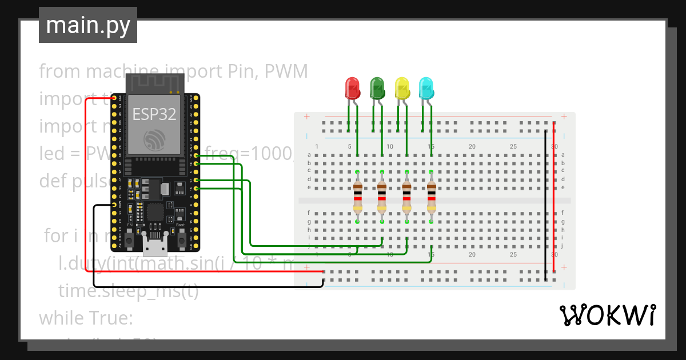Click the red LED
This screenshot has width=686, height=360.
352,88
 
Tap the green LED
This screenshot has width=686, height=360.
377,88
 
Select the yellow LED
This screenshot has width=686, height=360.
402,88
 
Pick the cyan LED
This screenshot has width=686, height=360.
426,88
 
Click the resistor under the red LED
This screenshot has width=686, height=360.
357,196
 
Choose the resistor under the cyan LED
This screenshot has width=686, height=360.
432,196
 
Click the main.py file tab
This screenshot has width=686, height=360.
88,25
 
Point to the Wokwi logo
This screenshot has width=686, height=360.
607,315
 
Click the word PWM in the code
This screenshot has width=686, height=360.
288,71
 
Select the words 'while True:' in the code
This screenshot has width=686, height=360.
86,318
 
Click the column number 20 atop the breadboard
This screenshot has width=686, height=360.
472,147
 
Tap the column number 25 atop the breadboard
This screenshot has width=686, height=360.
513,147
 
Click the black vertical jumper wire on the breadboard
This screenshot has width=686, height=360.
545,206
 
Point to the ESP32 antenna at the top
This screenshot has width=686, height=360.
155,83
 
